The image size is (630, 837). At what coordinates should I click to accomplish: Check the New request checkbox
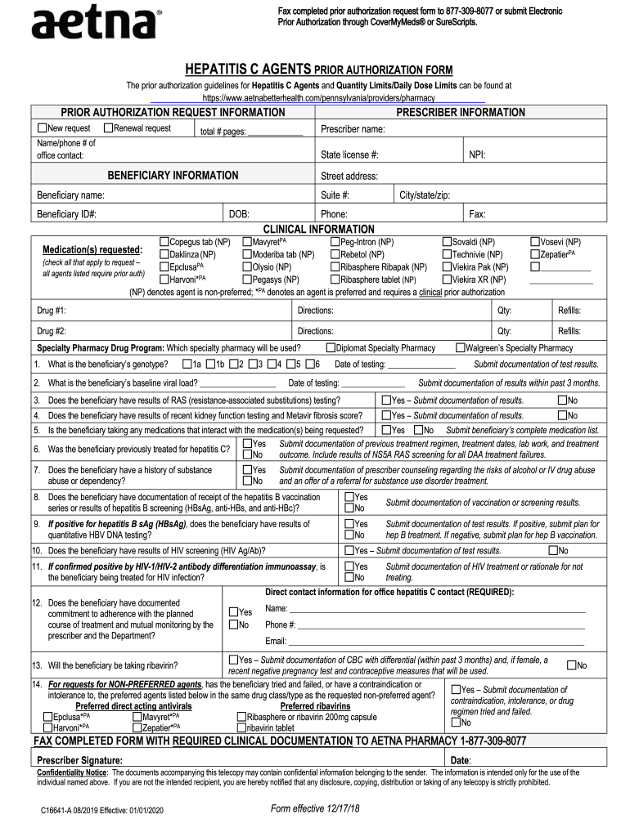click(42, 128)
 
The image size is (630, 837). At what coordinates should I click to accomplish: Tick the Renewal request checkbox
click(108, 128)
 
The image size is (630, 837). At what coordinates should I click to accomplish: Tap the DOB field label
click(239, 214)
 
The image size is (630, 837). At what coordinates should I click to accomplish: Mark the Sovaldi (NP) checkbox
click(447, 242)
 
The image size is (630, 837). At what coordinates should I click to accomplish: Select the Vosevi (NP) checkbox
click(535, 242)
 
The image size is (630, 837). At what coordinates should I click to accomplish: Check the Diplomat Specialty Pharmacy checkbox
click(331, 347)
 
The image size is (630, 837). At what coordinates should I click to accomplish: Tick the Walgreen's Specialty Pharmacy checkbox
click(460, 347)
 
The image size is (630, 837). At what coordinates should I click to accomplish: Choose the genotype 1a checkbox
click(187, 364)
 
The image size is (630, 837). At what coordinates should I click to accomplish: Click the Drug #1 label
click(52, 311)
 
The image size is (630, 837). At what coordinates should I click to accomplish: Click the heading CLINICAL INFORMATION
click(318, 229)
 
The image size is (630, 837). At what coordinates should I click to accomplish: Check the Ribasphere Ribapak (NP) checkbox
click(335, 266)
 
